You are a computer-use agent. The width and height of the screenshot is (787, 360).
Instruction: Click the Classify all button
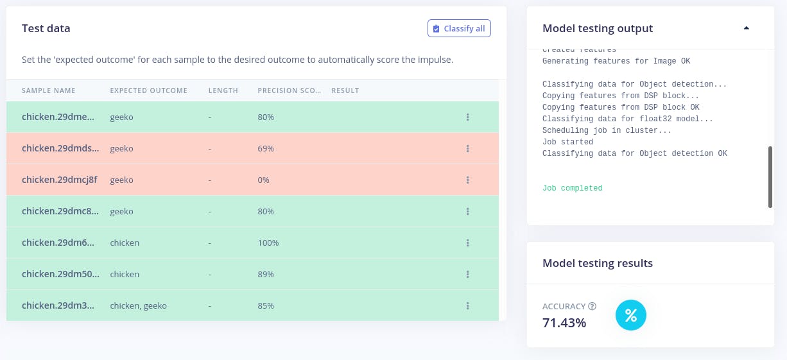(459, 28)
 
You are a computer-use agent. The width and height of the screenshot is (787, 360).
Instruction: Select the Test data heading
(46, 28)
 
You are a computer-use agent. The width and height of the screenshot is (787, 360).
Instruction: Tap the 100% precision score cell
(268, 243)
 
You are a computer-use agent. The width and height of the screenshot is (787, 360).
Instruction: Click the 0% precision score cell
(263, 180)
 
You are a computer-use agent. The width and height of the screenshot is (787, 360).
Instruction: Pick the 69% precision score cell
(266, 149)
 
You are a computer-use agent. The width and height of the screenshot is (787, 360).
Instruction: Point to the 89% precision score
(266, 275)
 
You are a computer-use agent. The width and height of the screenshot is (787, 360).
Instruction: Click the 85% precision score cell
(266, 306)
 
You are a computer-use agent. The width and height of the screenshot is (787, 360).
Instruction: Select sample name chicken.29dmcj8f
(60, 180)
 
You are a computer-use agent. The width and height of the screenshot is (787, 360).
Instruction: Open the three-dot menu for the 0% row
(468, 180)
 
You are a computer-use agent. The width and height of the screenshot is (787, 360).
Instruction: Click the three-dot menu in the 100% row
(468, 243)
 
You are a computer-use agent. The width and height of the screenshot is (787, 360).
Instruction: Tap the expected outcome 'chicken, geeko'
(138, 306)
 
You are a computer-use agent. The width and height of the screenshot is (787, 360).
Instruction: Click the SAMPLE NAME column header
(49, 90)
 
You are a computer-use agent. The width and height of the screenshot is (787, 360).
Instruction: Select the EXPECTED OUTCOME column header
(149, 90)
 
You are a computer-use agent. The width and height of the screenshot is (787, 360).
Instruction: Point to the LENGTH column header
(223, 90)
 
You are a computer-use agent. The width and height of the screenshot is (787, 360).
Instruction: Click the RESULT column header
(345, 90)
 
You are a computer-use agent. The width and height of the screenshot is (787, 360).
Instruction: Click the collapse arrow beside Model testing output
(746, 28)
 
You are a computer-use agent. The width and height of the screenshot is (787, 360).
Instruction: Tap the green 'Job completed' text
(572, 189)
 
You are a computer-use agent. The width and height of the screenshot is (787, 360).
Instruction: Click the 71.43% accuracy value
(564, 323)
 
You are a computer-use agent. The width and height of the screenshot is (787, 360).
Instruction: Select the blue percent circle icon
(631, 316)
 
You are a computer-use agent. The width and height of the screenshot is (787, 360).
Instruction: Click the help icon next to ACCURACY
(592, 306)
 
